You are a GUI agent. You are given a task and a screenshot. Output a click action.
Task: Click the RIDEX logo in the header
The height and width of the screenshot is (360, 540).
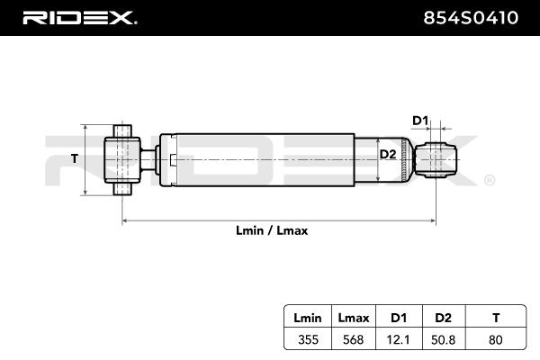click(x=79, y=17)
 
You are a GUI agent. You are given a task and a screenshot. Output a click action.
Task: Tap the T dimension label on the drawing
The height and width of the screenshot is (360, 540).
click(x=75, y=159)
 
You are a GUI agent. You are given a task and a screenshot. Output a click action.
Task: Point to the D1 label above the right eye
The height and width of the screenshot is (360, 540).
click(x=420, y=121)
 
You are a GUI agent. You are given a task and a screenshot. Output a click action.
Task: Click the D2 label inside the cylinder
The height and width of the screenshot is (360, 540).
click(x=387, y=155)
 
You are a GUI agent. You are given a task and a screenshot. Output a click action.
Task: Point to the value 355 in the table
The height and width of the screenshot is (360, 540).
click(x=308, y=341)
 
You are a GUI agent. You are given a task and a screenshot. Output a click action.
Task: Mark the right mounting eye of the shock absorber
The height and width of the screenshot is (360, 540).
click(x=439, y=160)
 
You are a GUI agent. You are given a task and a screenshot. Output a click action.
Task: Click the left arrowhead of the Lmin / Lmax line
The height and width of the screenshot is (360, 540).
click(x=125, y=220)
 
